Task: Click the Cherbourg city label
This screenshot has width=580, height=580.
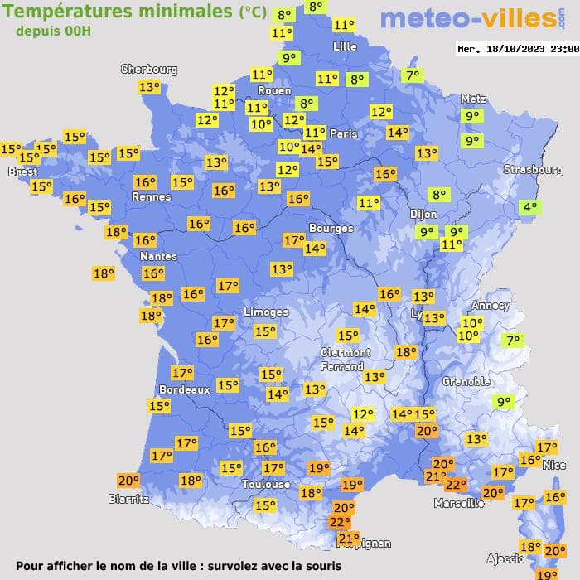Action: [149, 70]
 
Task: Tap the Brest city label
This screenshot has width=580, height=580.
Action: [22, 172]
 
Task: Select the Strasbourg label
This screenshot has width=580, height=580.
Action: [533, 170]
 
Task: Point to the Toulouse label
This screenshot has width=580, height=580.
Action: [266, 484]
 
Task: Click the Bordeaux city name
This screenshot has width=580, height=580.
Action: [184, 389]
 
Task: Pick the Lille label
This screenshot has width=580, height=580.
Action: [345, 47]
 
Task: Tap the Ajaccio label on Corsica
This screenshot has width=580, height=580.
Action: [505, 558]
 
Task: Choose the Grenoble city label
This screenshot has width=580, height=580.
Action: [466, 382]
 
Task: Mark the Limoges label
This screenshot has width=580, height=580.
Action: [265, 312]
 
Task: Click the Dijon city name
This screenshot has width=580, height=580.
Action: [423, 213]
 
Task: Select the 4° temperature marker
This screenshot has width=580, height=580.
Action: [529, 207]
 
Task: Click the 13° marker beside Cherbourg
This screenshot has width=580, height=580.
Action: [149, 87]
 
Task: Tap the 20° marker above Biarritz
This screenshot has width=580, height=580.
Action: [128, 480]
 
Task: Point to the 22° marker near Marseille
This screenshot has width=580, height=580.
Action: [456, 485]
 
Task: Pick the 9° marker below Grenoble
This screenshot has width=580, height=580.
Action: [503, 403]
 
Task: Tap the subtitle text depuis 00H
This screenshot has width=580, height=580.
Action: [53, 31]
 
